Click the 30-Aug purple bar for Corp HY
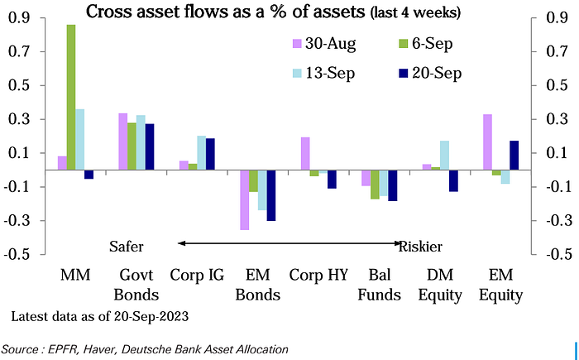coord(305,153)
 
